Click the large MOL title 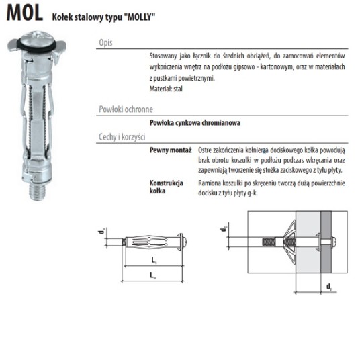pyautogui.click(x=25, y=13)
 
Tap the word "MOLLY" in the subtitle pyautogui.click(x=140, y=17)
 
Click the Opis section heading pyautogui.click(x=105, y=43)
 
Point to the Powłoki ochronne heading pyautogui.click(x=126, y=109)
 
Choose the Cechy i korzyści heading pyautogui.click(x=122, y=137)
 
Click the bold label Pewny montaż pyautogui.click(x=171, y=150)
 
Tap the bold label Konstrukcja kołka pyautogui.click(x=166, y=187)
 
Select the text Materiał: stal pyautogui.click(x=166, y=89)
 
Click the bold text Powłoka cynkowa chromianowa pyautogui.click(x=195, y=123)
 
